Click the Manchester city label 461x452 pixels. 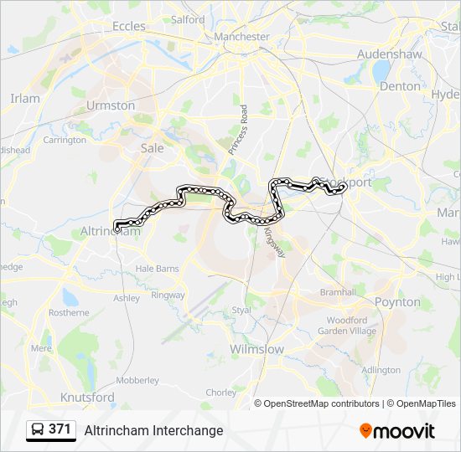[241, 37]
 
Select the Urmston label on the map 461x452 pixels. [110, 105]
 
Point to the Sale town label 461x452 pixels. [152, 147]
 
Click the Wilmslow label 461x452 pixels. [256, 349]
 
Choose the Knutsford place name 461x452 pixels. [87, 397]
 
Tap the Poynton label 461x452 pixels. [397, 302]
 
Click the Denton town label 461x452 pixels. [400, 85]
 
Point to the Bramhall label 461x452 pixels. [338, 292]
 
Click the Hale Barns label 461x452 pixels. [158, 269]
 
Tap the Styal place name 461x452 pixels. [241, 310]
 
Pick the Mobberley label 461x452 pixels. [137, 380]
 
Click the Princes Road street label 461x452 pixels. [236, 129]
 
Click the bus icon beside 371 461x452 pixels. [38, 430]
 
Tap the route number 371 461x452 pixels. [60, 429]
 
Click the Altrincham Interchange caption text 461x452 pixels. [153, 430]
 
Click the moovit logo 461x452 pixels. [397, 431]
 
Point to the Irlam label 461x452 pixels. [24, 98]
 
